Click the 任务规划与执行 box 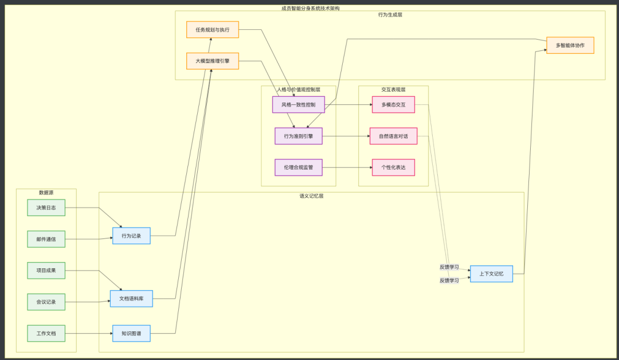[212, 30]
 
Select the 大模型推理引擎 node [212, 61]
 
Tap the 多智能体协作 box [570, 45]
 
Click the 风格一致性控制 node [298, 105]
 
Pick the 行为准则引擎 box [299, 136]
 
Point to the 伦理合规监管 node [299, 167]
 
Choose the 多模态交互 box [393, 105]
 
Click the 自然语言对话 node [393, 136]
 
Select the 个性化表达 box [393, 167]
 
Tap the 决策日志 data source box [46, 208]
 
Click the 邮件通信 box [46, 239]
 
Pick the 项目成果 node [46, 271]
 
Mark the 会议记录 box [46, 302]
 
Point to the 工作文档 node [46, 334]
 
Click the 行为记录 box [131, 236]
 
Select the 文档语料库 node [131, 299]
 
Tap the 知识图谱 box [131, 334]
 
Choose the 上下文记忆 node [491, 274]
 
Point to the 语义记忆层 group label [311, 196]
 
